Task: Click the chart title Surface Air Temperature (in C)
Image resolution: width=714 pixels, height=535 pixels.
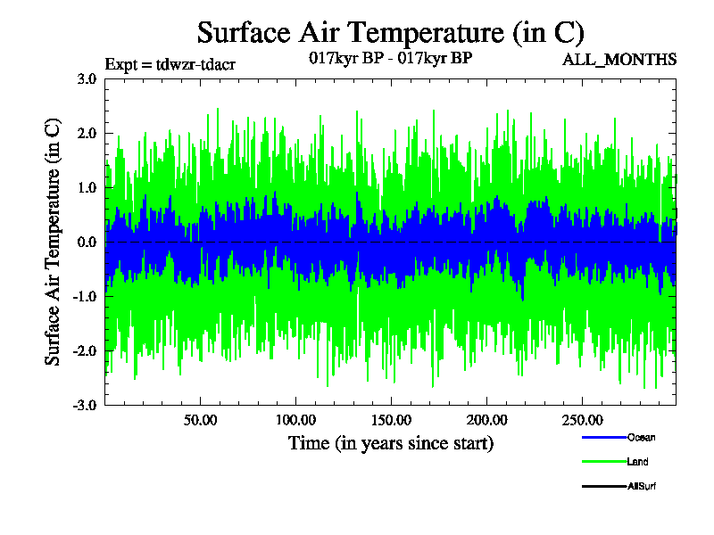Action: click(390, 33)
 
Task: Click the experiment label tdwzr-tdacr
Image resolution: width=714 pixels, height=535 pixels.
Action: click(170, 64)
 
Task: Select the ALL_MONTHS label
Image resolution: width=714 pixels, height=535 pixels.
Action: click(619, 60)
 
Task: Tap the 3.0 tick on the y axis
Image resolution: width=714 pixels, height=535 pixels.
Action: click(87, 78)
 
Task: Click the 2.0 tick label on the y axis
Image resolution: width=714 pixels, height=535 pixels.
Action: click(87, 133)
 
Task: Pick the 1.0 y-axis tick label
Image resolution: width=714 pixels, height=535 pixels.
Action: click(87, 187)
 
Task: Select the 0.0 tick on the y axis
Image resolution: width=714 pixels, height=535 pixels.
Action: click(87, 242)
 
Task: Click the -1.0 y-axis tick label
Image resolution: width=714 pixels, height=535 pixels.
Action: click(85, 296)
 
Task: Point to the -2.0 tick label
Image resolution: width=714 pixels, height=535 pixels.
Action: click(85, 350)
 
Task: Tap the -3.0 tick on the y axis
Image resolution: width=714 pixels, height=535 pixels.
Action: click(85, 405)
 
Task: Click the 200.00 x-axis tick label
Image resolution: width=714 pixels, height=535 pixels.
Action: click(486, 420)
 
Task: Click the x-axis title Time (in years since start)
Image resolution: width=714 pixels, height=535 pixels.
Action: click(390, 443)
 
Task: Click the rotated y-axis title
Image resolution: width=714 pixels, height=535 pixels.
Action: click(54, 242)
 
